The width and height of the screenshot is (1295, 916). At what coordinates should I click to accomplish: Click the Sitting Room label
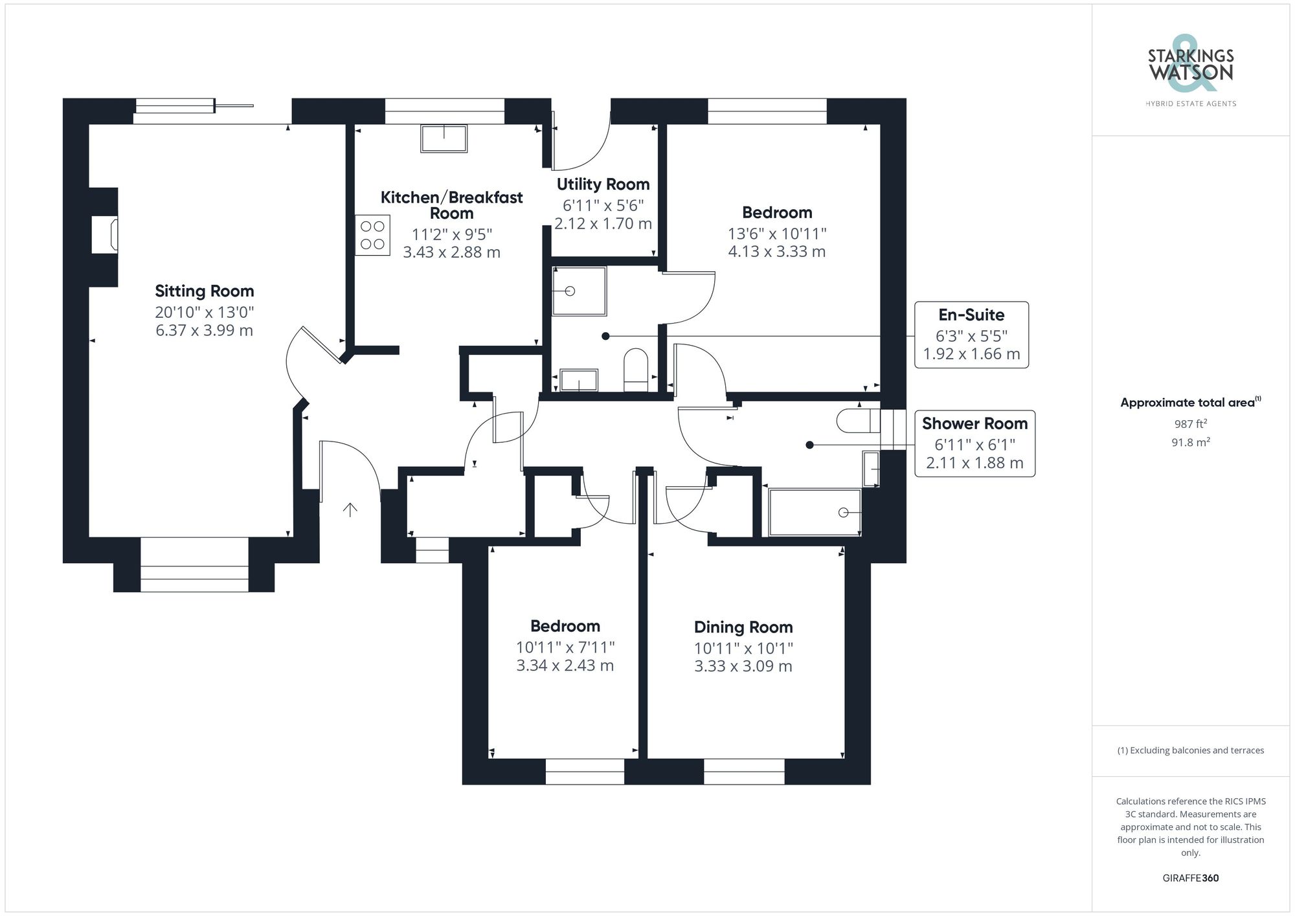coord(204,291)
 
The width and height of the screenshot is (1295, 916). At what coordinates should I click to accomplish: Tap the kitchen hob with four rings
coord(372,235)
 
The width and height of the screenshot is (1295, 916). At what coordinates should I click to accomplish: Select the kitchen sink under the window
coord(444,139)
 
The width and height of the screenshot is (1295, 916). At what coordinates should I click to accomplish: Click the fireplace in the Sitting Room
coord(105,235)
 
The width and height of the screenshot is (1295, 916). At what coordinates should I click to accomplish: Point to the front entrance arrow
coord(350,509)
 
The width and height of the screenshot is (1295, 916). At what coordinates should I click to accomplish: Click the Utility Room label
coord(603,184)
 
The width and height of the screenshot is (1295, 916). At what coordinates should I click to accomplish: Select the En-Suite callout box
coord(971,335)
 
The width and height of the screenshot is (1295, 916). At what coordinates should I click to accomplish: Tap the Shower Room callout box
coord(974,443)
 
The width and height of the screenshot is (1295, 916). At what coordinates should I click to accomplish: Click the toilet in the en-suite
coord(636,370)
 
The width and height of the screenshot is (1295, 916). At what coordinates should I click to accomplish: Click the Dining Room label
coord(743,627)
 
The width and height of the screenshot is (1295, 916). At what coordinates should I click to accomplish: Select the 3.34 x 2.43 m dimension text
coord(565,665)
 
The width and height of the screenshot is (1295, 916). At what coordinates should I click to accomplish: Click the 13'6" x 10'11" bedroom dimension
coord(777,233)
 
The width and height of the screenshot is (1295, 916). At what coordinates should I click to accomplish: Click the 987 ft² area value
coord(1190,424)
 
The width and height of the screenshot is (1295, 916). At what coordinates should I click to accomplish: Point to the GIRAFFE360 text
coord(1190,878)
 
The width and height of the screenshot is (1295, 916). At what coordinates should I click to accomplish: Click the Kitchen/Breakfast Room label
coord(451,205)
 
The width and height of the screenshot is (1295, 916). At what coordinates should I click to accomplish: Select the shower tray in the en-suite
coord(579,291)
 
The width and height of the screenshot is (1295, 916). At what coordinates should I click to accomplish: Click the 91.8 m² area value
coord(1190,443)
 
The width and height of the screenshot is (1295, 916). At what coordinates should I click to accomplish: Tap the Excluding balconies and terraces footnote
coord(1190,750)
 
